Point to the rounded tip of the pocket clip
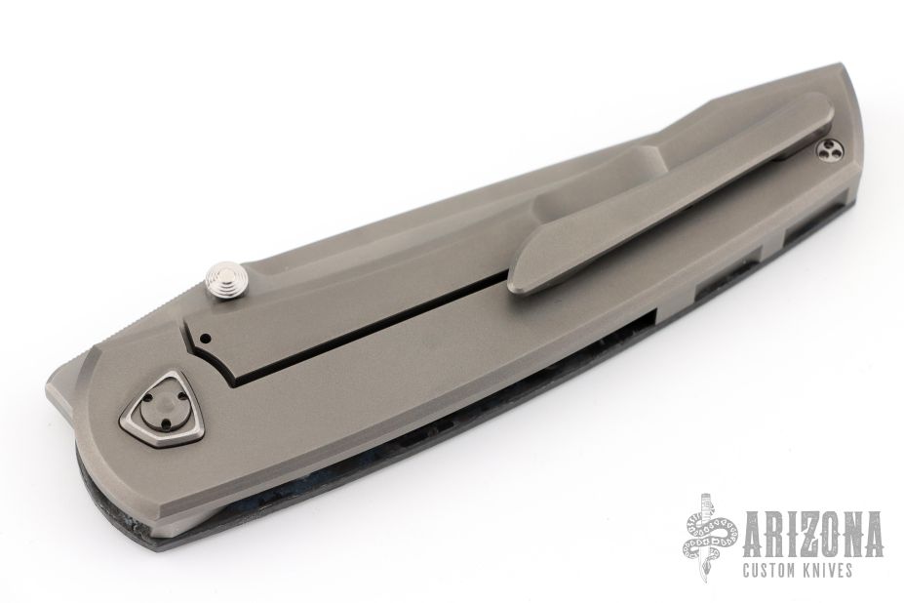coord(522,282)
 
